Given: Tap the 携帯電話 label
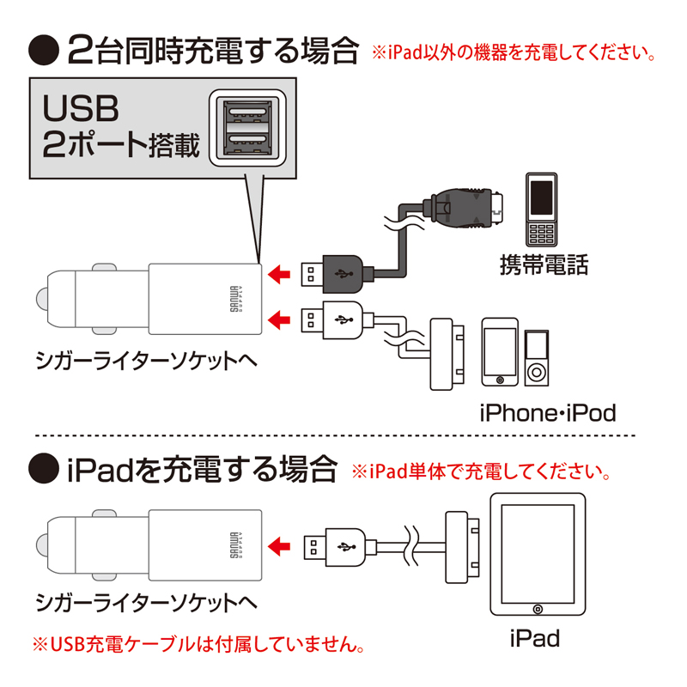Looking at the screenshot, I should [544, 264].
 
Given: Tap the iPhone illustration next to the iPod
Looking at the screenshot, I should [499, 353].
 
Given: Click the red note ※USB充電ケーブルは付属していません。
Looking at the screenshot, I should [198, 643].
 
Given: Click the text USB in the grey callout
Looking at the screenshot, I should [81, 109].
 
